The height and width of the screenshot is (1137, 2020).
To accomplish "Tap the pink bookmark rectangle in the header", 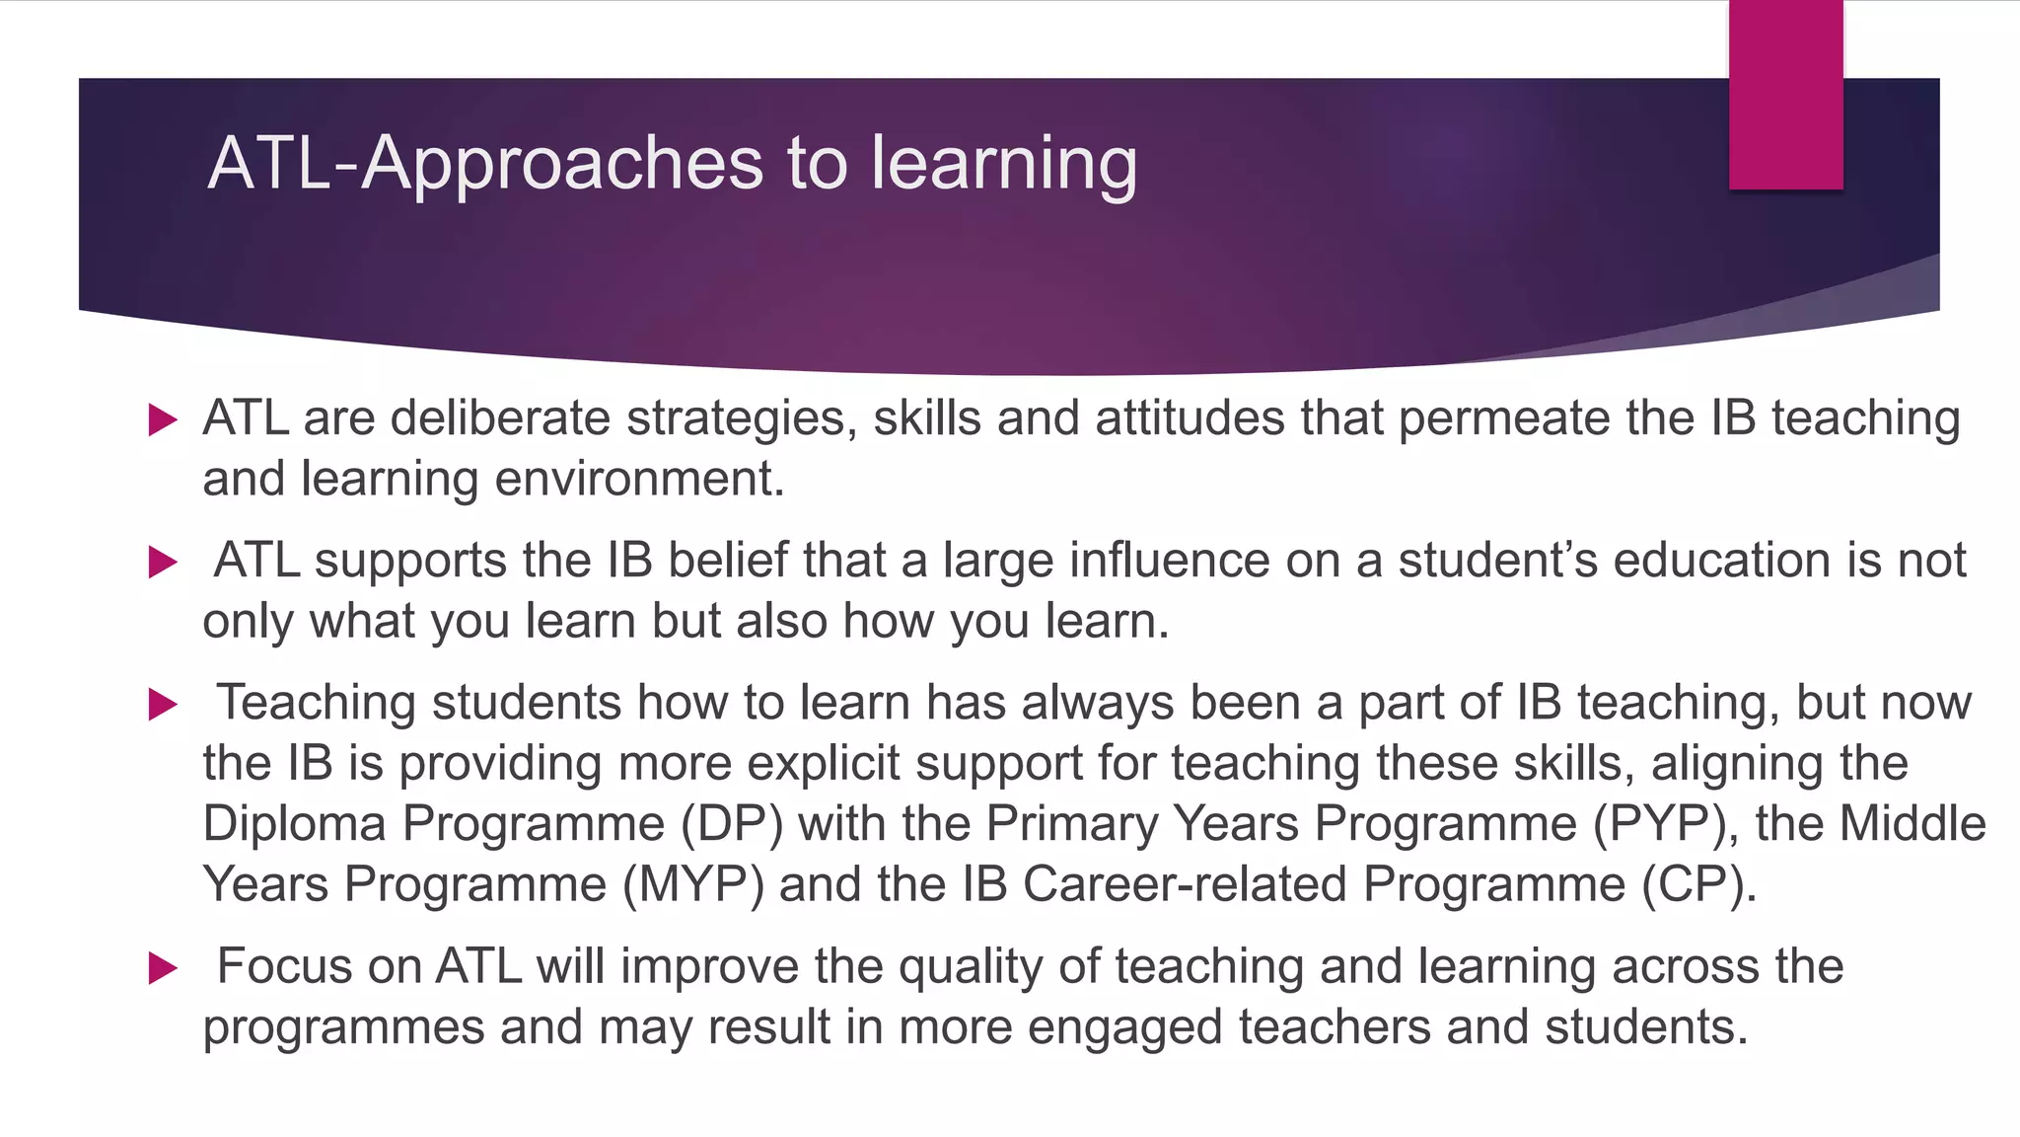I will click(x=1785, y=95).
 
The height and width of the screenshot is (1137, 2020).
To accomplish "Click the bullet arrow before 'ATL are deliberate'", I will click(x=162, y=420).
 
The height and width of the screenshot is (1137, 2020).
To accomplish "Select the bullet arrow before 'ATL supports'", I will click(x=162, y=563).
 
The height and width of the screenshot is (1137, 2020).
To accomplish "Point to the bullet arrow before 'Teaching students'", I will click(x=162, y=705).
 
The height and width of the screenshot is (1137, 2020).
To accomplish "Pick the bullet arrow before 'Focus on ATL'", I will click(x=162, y=968).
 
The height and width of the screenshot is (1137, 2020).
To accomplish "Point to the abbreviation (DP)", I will click(x=732, y=824).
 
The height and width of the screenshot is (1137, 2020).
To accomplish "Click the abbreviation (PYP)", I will click(x=1666, y=824).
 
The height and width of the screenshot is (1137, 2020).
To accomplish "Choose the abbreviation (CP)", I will click(x=1698, y=884).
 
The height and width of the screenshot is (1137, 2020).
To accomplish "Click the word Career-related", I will click(x=1185, y=884).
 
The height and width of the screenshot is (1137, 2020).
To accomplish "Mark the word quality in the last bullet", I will click(x=971, y=967).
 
